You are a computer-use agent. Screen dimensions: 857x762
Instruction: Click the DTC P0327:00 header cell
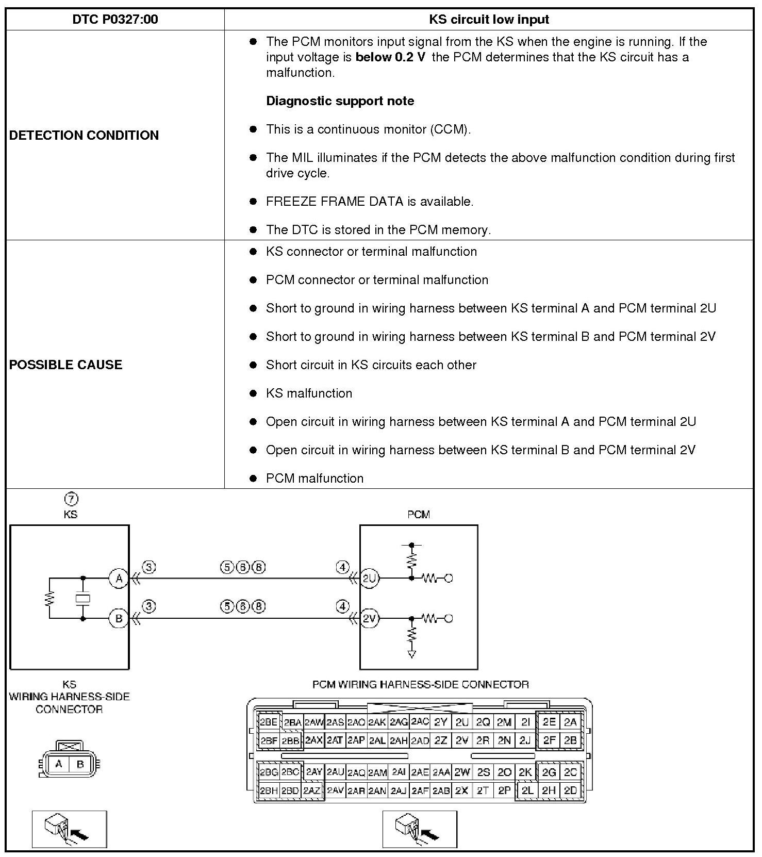(x=115, y=20)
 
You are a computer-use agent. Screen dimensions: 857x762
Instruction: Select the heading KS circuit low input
(x=489, y=20)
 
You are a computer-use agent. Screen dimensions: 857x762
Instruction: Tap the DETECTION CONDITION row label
(x=84, y=135)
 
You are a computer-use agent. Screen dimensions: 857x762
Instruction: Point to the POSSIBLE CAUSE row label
(x=66, y=365)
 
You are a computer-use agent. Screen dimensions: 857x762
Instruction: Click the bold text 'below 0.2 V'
(x=390, y=57)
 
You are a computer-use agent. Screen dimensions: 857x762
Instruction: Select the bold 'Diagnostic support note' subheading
(x=340, y=101)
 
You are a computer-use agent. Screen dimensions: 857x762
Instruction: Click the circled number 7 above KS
(x=71, y=499)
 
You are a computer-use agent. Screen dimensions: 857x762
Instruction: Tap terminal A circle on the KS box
(x=119, y=578)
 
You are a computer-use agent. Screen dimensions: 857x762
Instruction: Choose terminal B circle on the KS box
(x=119, y=618)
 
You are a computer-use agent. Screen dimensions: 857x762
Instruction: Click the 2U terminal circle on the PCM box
(x=369, y=578)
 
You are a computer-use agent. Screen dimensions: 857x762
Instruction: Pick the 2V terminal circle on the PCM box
(x=369, y=618)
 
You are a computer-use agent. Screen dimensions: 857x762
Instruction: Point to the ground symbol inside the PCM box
(x=411, y=654)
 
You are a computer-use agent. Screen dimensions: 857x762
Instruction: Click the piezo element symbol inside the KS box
(x=83, y=598)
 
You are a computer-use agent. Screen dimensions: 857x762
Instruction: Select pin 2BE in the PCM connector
(x=269, y=722)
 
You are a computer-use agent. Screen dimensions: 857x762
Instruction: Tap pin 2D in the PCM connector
(x=570, y=790)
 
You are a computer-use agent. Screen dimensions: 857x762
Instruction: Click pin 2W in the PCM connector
(x=462, y=772)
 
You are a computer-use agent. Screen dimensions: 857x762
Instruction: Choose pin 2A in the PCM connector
(x=570, y=722)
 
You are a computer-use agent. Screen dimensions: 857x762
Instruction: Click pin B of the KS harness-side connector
(x=80, y=764)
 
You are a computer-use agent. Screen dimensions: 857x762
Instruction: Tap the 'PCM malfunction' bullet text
(x=314, y=479)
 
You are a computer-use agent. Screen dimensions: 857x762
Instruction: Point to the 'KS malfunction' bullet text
(x=309, y=393)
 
